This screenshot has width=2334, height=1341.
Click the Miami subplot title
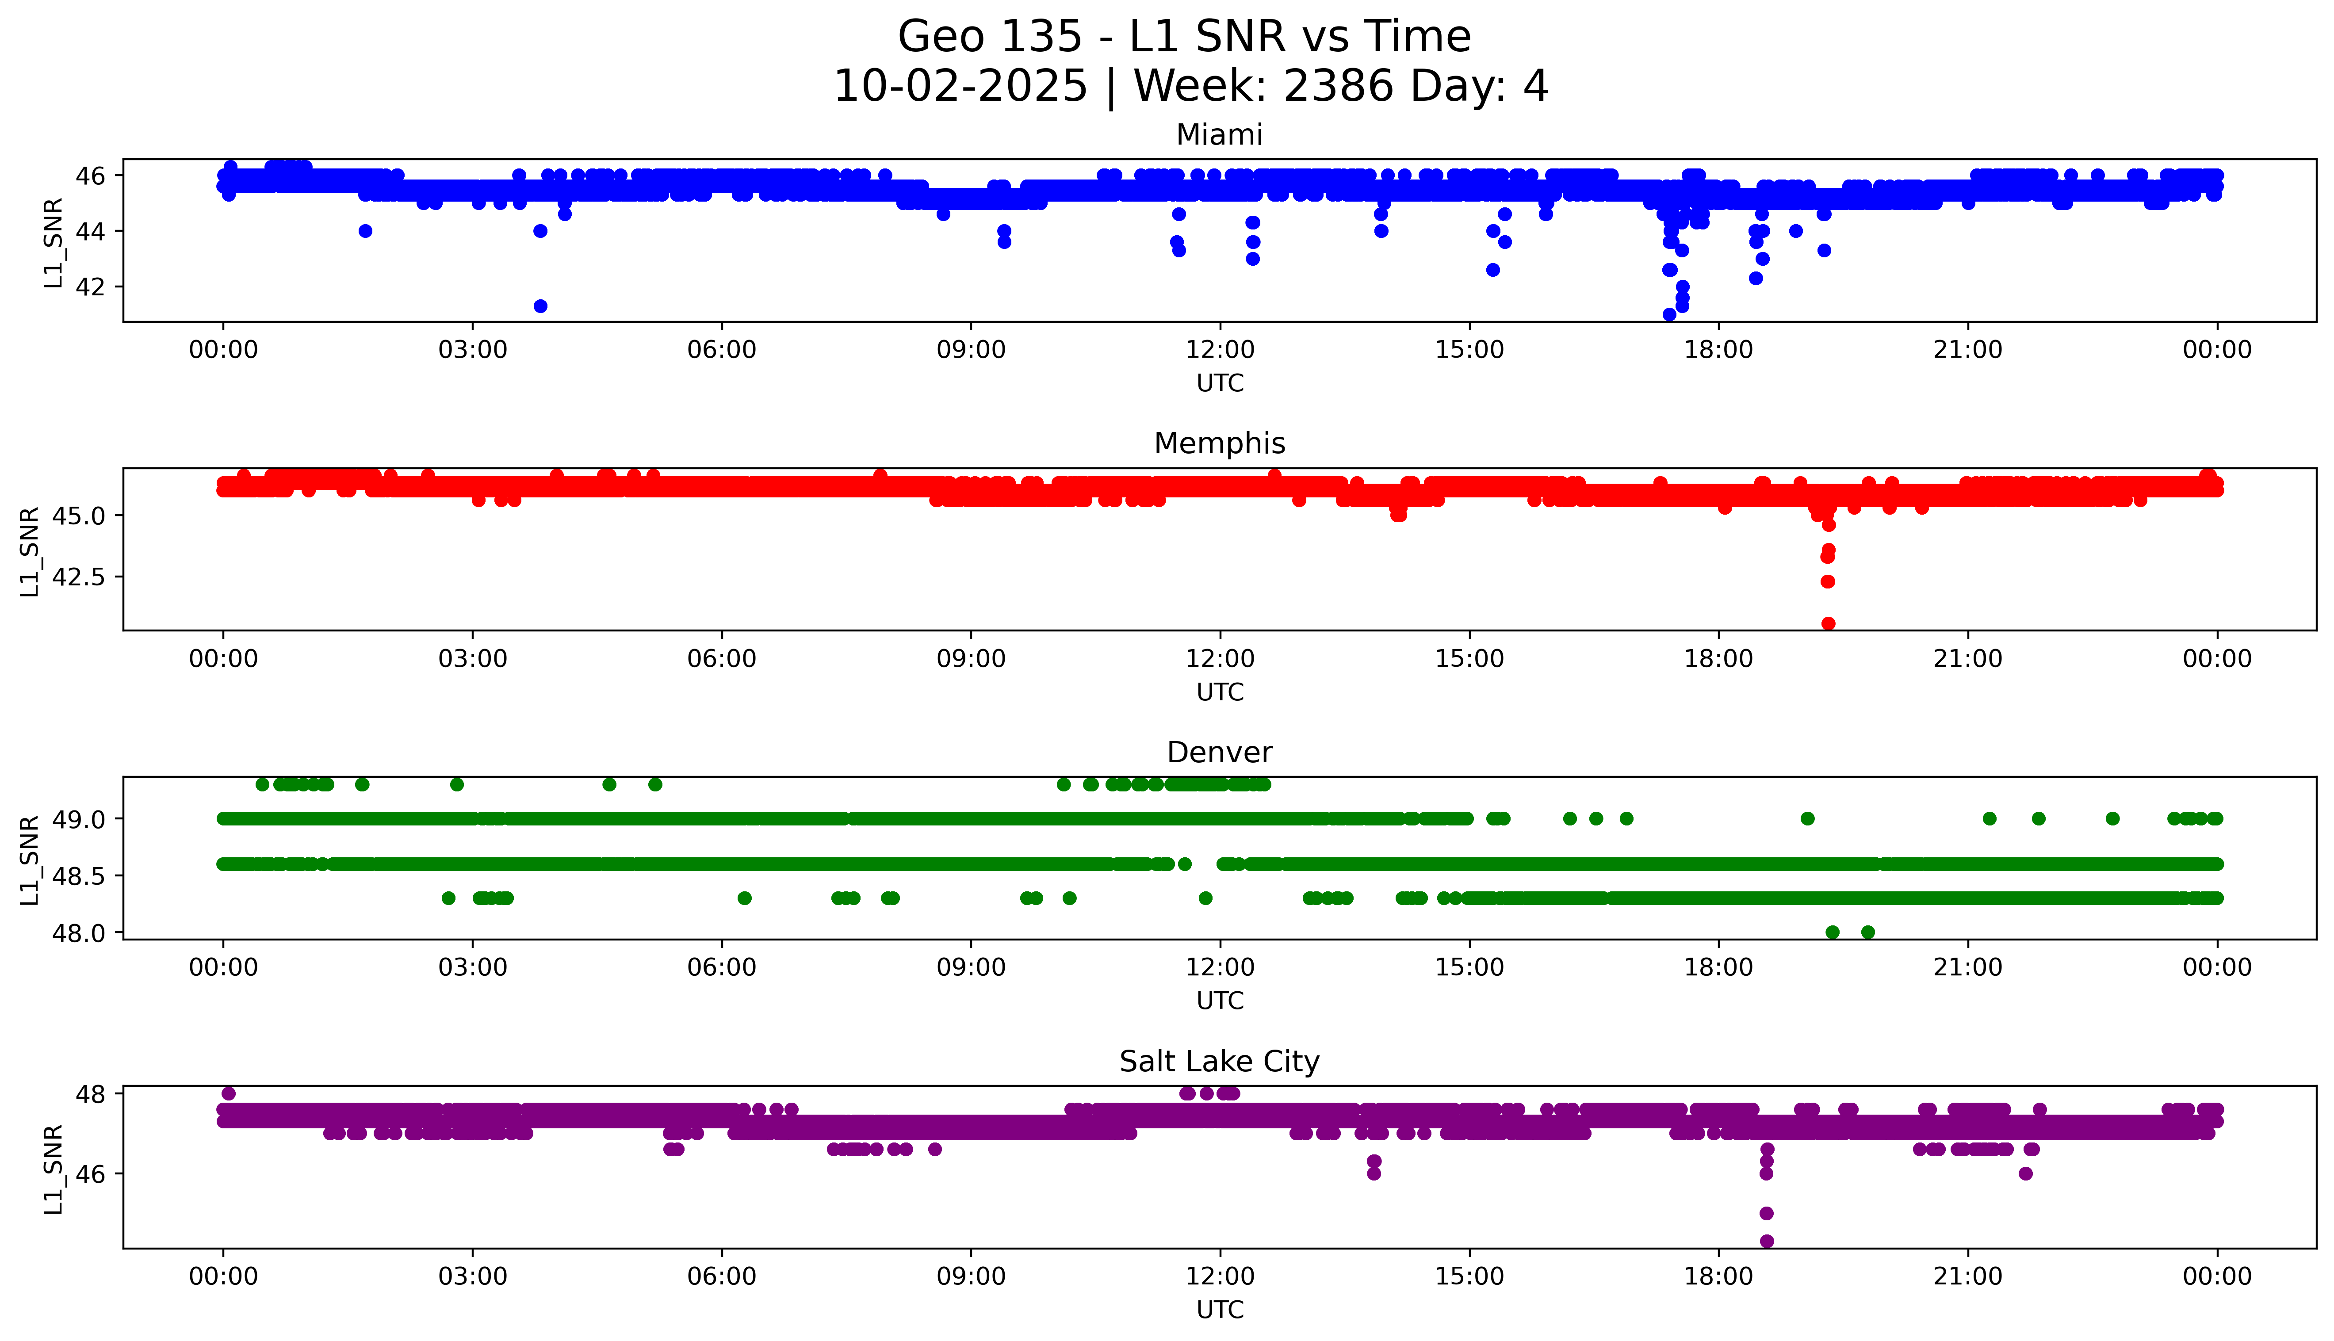[1219, 135]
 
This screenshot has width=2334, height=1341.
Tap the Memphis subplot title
[1219, 444]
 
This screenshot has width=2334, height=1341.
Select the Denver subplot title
[1219, 753]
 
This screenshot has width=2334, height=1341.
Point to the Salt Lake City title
[1219, 1062]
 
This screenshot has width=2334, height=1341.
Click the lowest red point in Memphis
[1829, 623]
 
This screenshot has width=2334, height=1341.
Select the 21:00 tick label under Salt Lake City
[1967, 1276]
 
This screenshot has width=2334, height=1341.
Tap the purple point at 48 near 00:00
[229, 1093]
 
